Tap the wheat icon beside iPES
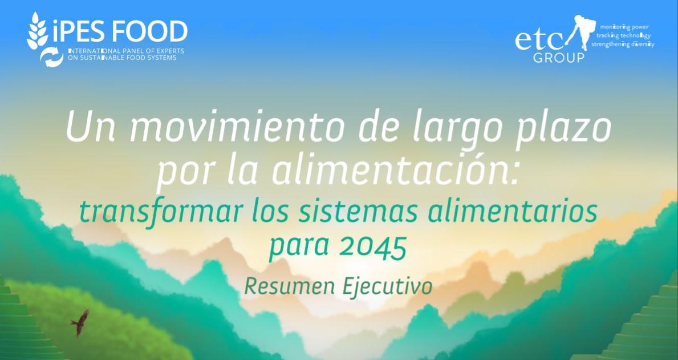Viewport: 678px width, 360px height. (x=37, y=30)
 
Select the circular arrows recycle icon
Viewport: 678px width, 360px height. (x=51, y=57)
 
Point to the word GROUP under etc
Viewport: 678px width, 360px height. (x=559, y=58)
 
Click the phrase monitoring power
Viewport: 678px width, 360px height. (x=624, y=27)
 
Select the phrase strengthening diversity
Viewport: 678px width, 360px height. (x=623, y=44)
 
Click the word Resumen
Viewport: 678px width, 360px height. (x=289, y=286)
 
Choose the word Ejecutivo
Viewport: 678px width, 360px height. (x=387, y=287)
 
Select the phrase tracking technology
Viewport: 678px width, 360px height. (x=623, y=35)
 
